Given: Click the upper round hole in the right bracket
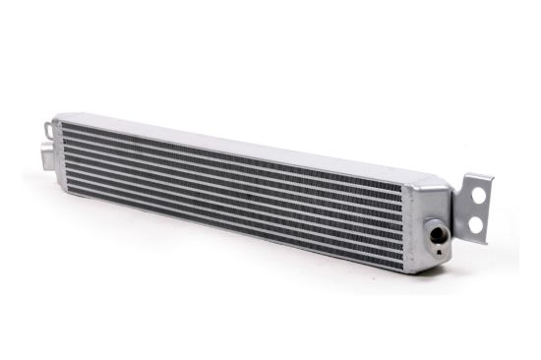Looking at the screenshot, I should (x=479, y=197).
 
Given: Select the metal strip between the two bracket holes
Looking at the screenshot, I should (x=477, y=210).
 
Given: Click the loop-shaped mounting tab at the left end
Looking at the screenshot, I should (x=46, y=128).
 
